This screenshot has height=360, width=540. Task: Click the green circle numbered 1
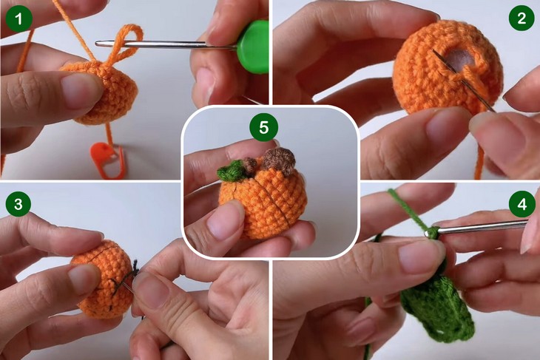tap(19, 18)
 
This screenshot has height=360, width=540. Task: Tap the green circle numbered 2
tap(522, 18)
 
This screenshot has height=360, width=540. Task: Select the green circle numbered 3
tap(18, 203)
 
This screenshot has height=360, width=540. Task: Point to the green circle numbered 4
tap(522, 204)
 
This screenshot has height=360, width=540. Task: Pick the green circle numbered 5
tap(264, 127)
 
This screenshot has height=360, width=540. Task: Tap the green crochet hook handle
tap(254, 47)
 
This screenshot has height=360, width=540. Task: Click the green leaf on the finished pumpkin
tap(231, 170)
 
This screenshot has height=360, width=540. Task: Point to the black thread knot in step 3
tap(135, 266)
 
